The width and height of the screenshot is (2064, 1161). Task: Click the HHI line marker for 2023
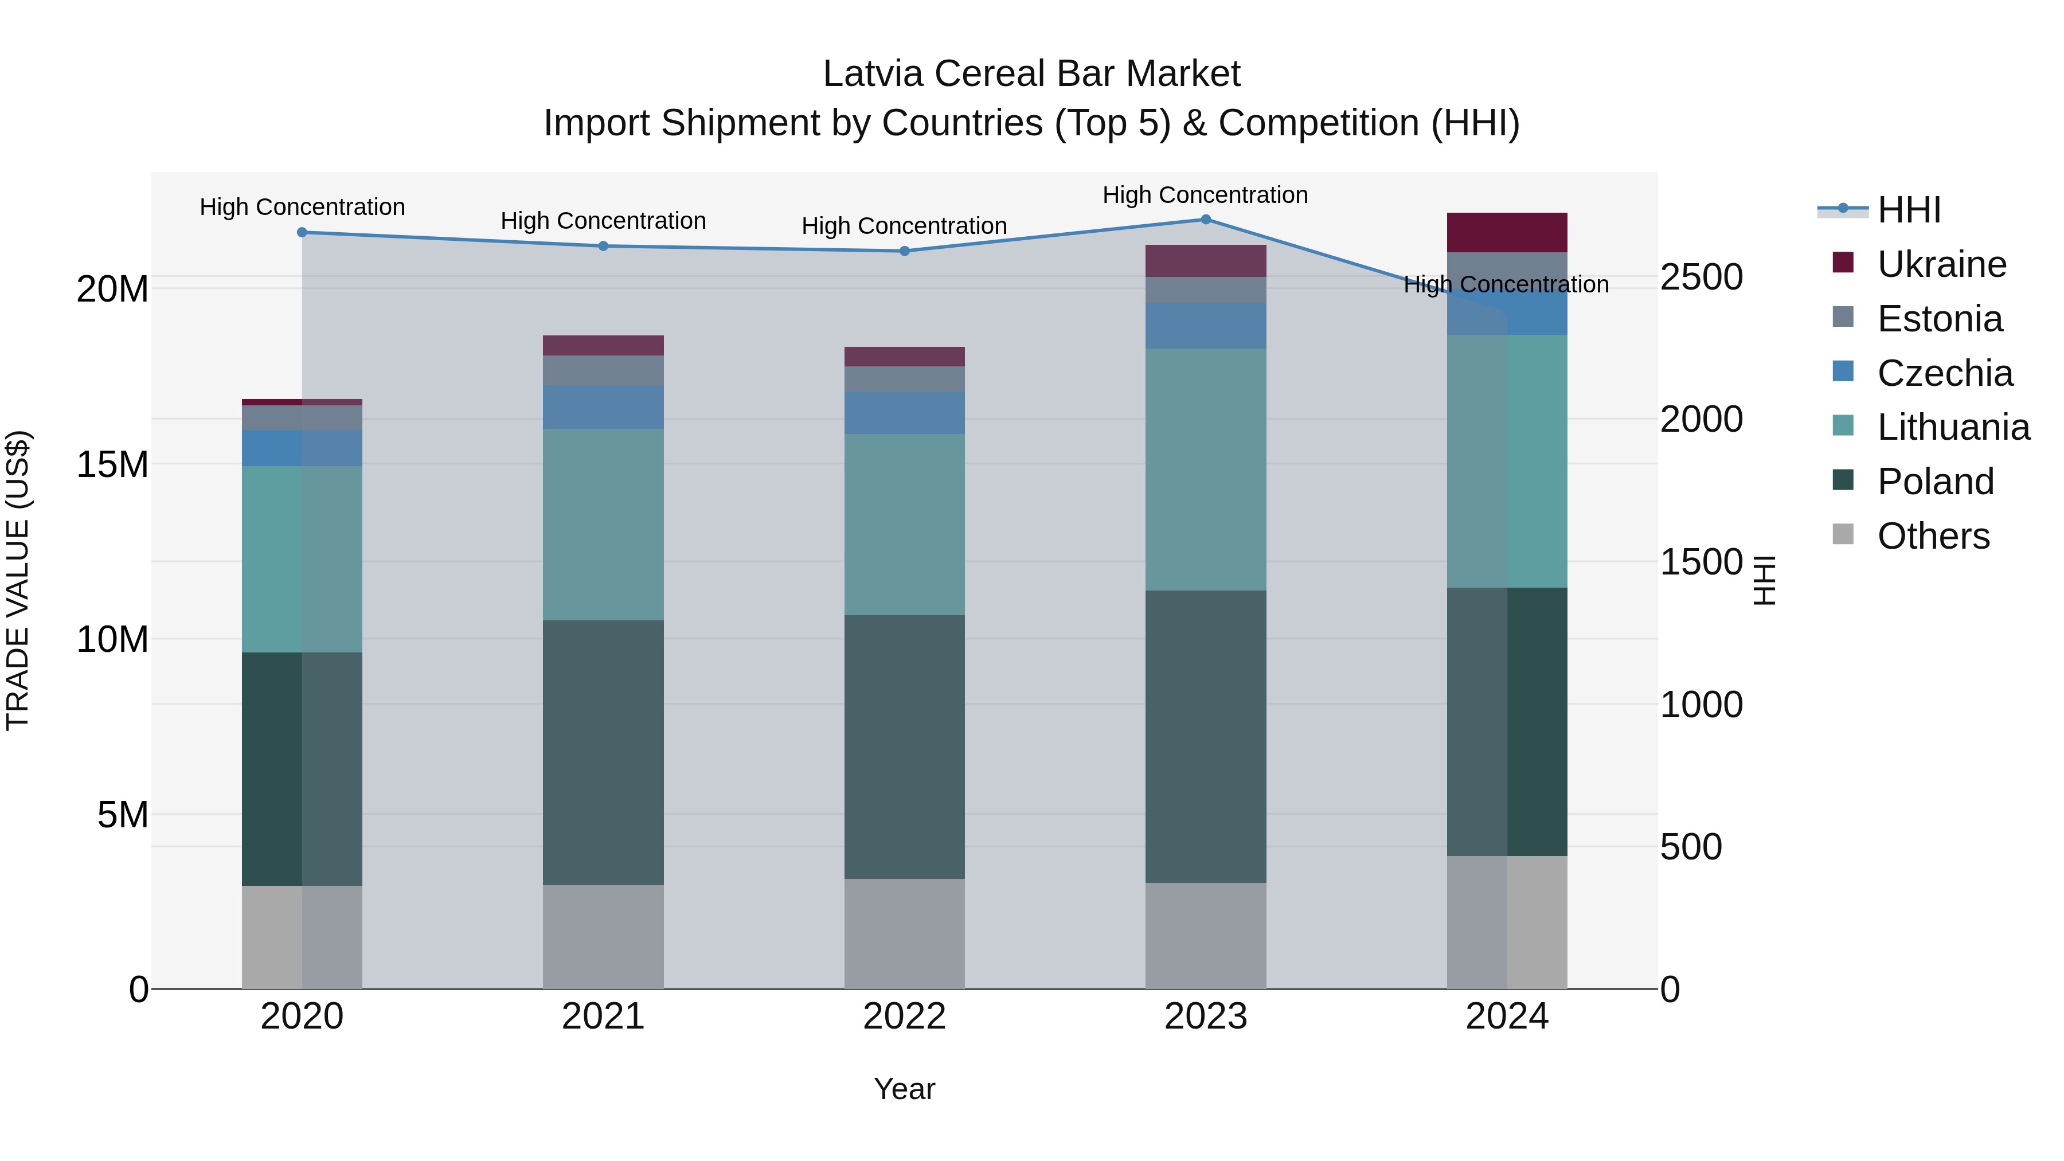tap(1205, 219)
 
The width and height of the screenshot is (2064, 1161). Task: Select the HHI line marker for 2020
tap(302, 232)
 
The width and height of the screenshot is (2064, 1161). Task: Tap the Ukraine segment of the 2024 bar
tap(1506, 232)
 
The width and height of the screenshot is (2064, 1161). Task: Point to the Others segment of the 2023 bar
tap(1205, 935)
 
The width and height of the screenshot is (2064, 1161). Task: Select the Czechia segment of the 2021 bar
tap(603, 407)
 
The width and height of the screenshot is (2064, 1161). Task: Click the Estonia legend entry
tap(1939, 319)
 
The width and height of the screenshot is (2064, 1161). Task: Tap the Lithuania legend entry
tap(1953, 427)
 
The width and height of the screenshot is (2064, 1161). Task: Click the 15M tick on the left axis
tap(112, 464)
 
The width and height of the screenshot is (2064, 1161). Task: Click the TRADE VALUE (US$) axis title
tap(18, 580)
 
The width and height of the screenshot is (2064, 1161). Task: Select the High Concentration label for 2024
tap(1506, 284)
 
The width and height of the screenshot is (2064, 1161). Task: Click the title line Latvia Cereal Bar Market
tap(1031, 74)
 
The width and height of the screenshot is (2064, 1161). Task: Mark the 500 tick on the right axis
tap(1691, 847)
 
